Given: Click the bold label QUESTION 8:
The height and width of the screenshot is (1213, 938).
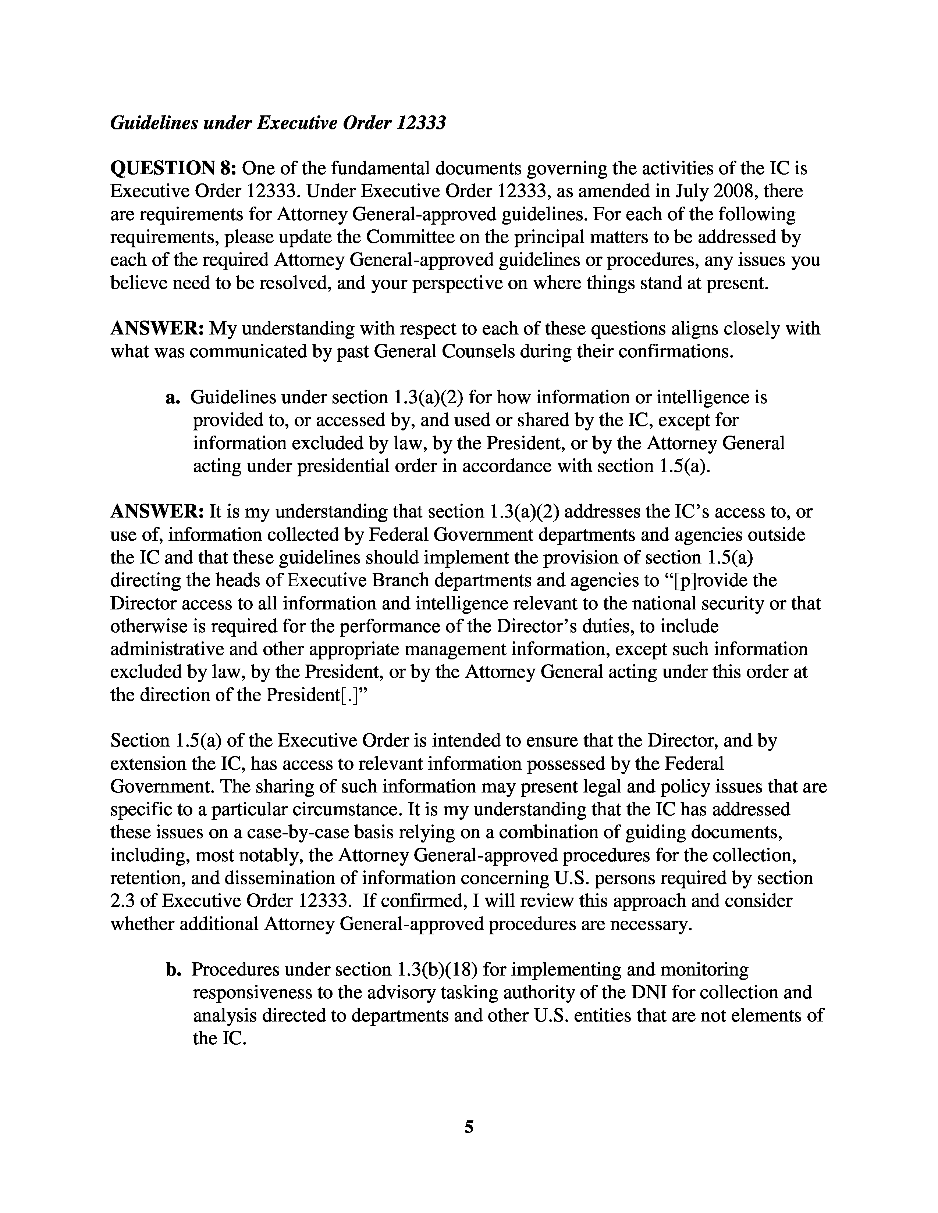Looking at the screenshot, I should click(x=174, y=168).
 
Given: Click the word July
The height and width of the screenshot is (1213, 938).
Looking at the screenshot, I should click(x=691, y=191).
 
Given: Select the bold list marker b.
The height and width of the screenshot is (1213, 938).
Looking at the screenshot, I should click(x=173, y=969).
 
